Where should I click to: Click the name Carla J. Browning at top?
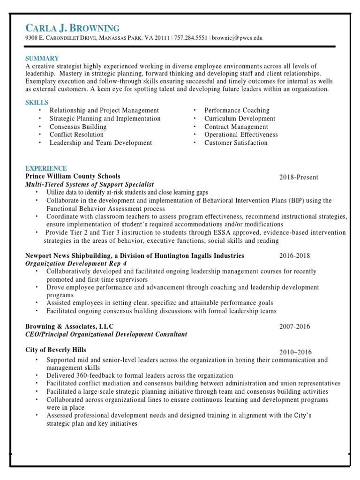coord(73,28)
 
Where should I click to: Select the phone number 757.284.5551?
coord(191,38)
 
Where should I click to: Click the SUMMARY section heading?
coord(42,59)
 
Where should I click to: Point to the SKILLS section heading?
coord(37,103)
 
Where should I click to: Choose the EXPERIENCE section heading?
coord(46,168)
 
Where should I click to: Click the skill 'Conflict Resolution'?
coord(77,135)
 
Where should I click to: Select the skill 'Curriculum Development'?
coord(240,119)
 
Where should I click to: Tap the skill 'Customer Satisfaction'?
coord(236,143)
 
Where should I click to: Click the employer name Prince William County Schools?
coord(73,176)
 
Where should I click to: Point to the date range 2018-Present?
coord(299,177)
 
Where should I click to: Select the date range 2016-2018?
coord(294,256)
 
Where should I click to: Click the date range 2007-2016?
coord(294,327)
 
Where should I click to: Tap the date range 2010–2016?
coord(295,352)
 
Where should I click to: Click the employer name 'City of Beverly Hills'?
coord(56,350)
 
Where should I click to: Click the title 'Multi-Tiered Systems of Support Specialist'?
coord(89,185)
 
